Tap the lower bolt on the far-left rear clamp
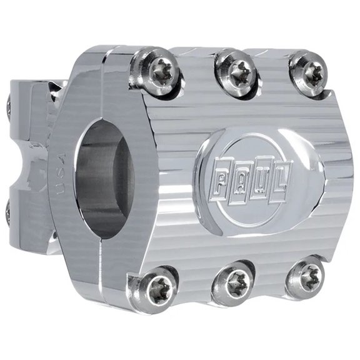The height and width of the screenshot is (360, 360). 7,212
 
